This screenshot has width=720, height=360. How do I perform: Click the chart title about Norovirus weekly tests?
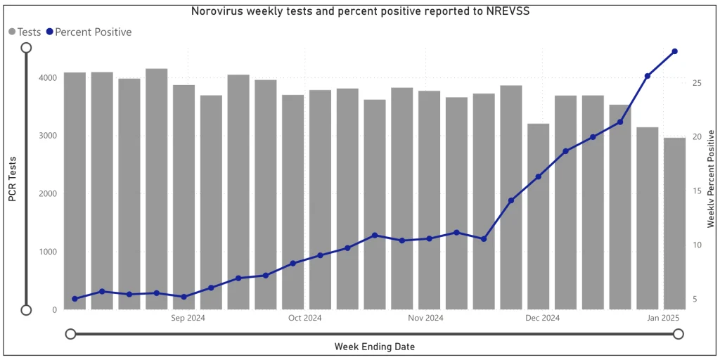click(x=360, y=11)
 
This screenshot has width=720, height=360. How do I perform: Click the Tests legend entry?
click(x=25, y=32)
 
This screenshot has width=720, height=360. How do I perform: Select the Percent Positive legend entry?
click(x=89, y=32)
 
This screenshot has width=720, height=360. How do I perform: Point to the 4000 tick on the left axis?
click(x=47, y=77)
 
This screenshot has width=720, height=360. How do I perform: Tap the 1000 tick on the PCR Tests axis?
click(x=47, y=252)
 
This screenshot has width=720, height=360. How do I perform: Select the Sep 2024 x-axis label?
click(x=188, y=319)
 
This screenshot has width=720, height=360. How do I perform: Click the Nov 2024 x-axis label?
click(x=425, y=319)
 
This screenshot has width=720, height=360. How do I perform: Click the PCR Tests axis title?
click(x=13, y=179)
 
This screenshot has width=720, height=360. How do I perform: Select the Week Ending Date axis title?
click(x=374, y=347)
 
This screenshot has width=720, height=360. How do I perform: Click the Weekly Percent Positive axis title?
click(x=711, y=179)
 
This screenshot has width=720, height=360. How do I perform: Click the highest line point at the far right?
click(x=674, y=51)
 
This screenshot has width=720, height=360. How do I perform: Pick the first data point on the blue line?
click(x=75, y=299)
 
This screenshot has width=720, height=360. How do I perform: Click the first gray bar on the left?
click(x=75, y=191)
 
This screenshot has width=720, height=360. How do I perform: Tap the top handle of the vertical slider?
click(x=26, y=47)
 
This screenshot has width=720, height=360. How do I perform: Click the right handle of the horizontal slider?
click(x=678, y=334)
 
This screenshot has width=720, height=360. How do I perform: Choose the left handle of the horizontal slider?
click(x=70, y=334)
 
